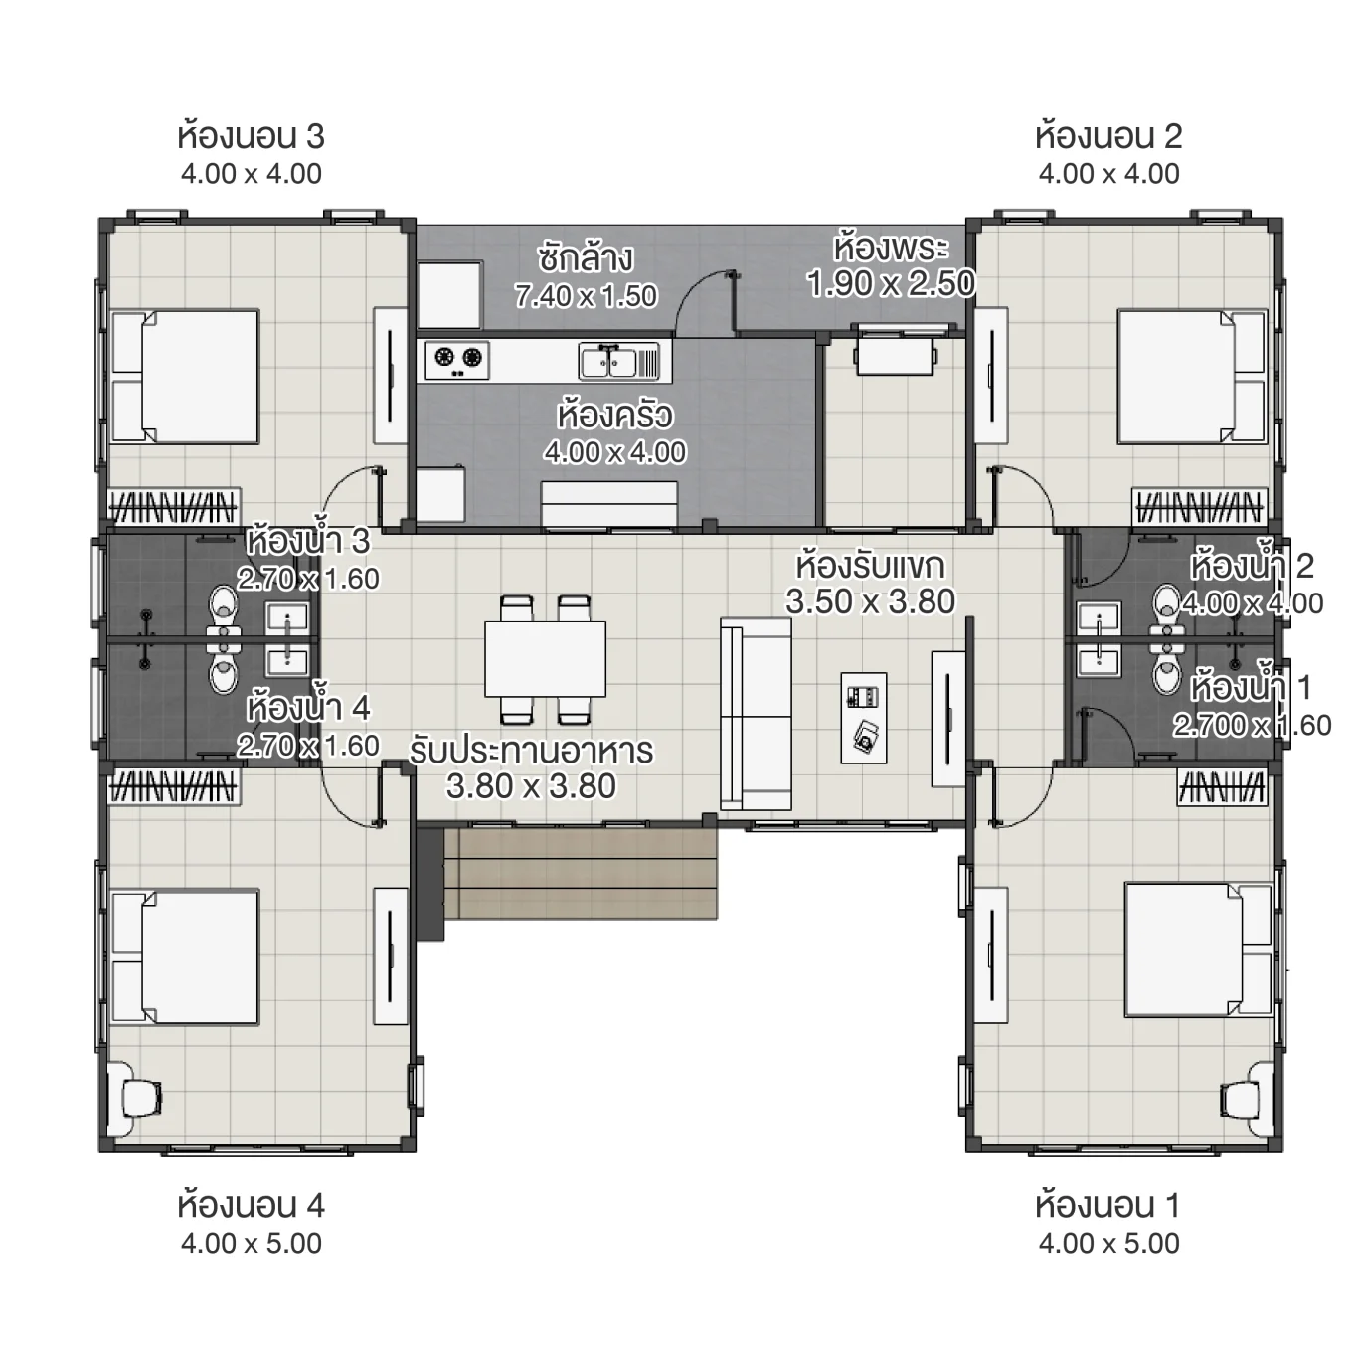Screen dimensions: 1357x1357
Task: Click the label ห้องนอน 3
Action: [x=251, y=135]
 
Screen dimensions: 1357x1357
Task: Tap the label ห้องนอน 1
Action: [x=1107, y=1205]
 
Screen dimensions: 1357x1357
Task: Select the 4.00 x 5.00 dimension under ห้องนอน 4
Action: [x=251, y=1243]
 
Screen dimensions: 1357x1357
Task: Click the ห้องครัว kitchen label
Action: [x=614, y=414]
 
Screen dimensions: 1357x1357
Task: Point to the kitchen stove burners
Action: [x=457, y=358]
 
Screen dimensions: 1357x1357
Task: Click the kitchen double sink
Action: [x=618, y=360]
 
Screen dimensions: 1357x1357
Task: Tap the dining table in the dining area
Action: [x=545, y=658]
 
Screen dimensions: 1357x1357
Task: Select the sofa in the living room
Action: [x=757, y=714]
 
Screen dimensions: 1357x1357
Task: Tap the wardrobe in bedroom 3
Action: [x=173, y=508]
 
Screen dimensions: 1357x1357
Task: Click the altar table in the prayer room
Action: [x=895, y=354]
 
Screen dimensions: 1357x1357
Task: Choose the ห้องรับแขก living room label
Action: [x=870, y=566]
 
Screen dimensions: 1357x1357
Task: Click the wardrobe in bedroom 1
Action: [x=1222, y=788]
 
